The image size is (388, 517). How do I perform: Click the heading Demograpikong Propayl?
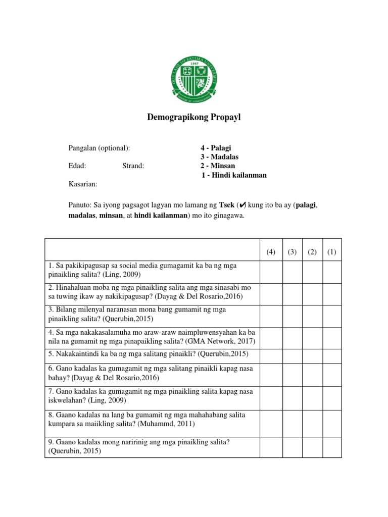click(x=194, y=118)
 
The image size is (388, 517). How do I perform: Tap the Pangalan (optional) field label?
click(x=99, y=148)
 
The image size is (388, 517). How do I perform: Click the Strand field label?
click(x=133, y=166)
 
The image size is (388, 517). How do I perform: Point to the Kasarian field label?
click(x=83, y=184)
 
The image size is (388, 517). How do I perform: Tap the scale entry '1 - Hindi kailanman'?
click(x=234, y=175)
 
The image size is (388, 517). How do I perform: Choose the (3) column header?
click(x=292, y=252)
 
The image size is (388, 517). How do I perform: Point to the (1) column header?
click(x=332, y=252)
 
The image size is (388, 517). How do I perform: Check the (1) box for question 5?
click(x=332, y=353)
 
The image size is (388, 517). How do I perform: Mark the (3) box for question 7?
click(x=292, y=396)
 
